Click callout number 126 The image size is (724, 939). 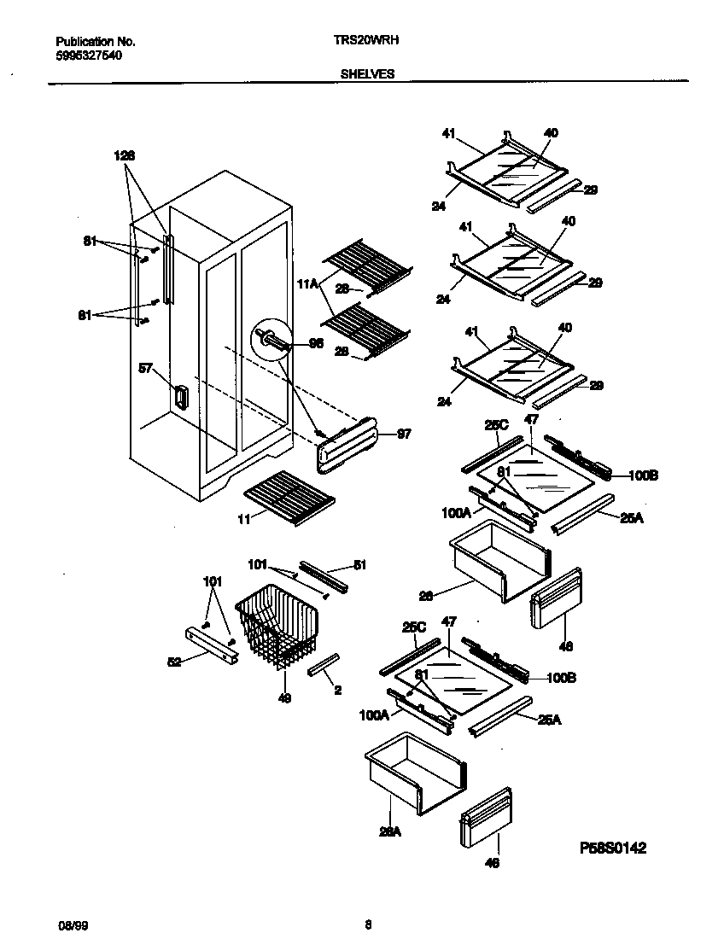[125, 155]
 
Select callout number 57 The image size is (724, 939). [146, 368]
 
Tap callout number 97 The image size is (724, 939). [404, 434]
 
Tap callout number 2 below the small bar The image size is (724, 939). [338, 690]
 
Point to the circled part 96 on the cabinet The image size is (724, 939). [268, 339]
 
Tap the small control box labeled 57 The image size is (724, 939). [180, 397]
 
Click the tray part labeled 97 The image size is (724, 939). [350, 445]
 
